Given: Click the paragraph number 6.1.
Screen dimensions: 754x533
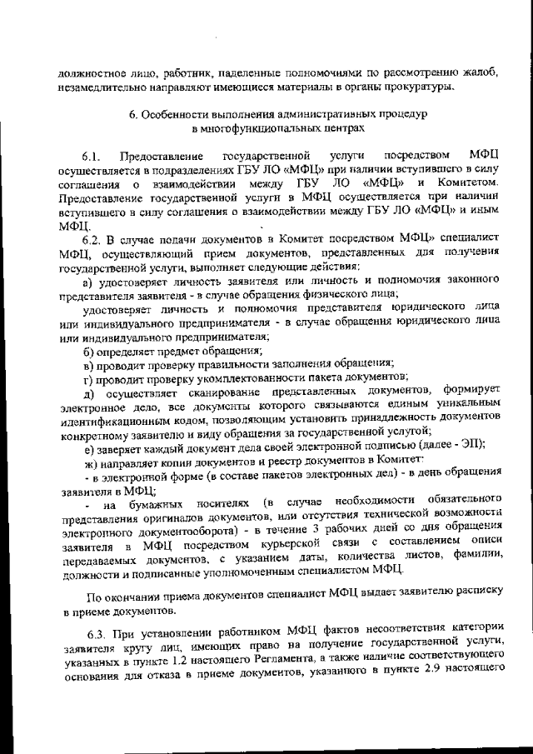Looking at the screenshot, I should point(91,156).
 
